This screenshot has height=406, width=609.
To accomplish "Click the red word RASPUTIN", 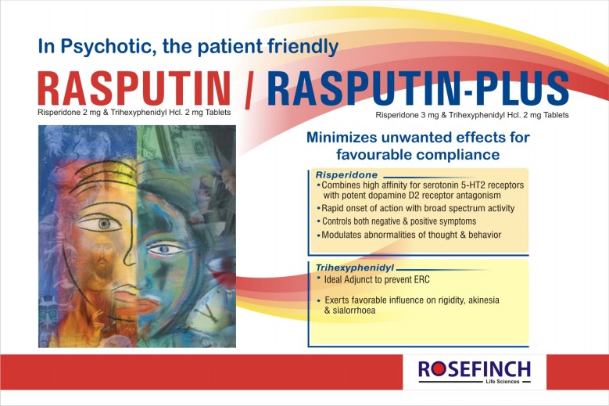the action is click(x=134, y=88).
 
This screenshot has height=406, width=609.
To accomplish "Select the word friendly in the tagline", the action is click(x=303, y=47).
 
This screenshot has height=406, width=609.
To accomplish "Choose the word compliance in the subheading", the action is click(x=458, y=155).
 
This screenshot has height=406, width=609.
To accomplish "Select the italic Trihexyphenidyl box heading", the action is click(x=355, y=268).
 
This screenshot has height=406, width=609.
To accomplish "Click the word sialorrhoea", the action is click(x=354, y=311).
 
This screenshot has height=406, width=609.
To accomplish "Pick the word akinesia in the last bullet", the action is click(x=484, y=300).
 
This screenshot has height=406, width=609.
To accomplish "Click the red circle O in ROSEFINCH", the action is click(x=437, y=370).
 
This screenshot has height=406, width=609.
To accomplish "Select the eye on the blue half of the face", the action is click(x=165, y=249).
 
